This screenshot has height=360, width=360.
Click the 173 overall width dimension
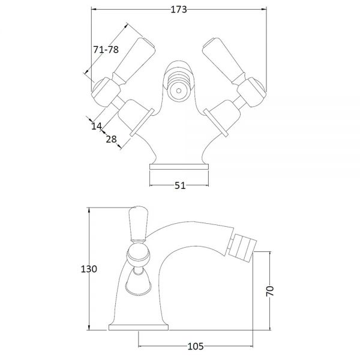point(179,10)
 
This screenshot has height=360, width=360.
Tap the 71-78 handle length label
point(106,49)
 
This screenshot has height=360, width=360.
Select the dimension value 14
point(97,126)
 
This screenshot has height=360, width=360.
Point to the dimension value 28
point(112,139)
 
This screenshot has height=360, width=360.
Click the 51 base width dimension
point(180,185)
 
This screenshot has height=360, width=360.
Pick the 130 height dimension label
point(89,269)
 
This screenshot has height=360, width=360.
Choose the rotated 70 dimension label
point(270,291)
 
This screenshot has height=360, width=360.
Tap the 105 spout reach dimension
point(196,346)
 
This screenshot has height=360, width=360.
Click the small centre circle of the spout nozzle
point(179,91)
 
